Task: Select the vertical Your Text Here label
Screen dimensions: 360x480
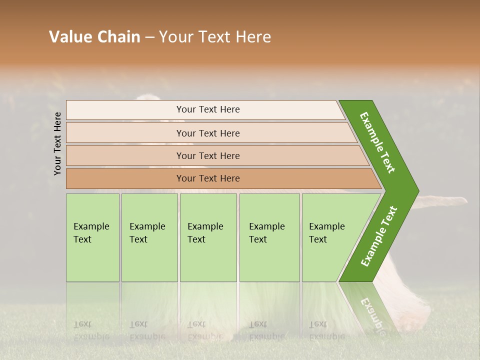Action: tap(57, 143)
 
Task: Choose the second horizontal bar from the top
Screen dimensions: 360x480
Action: tap(207, 133)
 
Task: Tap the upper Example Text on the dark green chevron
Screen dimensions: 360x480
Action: tap(377, 142)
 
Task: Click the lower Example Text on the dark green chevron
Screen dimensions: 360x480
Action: tap(379, 236)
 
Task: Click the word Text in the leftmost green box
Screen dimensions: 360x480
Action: tap(82, 239)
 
